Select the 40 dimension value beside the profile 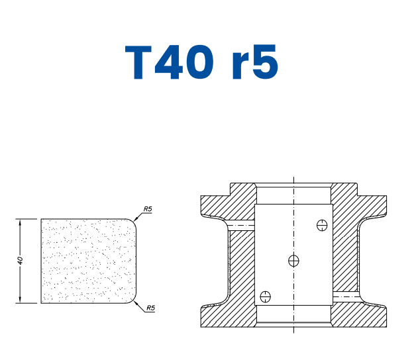(x=21, y=261)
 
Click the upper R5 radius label (x=148, y=210)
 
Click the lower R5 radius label (x=151, y=308)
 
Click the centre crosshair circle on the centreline (x=293, y=261)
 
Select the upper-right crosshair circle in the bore (x=323, y=225)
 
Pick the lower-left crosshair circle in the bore (x=266, y=296)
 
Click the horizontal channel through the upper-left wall (x=241, y=226)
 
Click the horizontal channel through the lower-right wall (x=345, y=296)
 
